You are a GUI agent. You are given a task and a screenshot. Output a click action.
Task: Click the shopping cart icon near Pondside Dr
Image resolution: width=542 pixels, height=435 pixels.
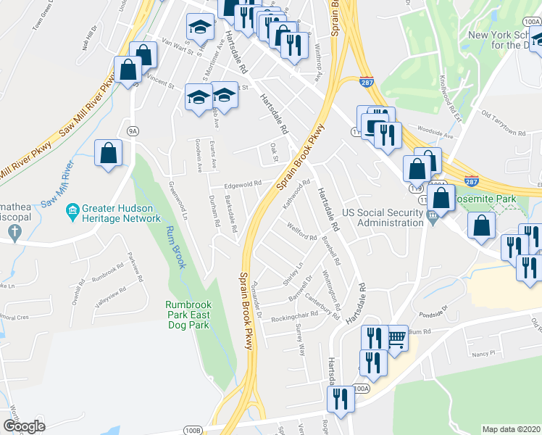[x=395, y=338]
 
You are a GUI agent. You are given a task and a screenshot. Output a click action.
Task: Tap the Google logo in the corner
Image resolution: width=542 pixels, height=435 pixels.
[x=24, y=426]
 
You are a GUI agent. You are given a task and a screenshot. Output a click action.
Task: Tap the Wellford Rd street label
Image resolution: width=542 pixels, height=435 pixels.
[x=302, y=236]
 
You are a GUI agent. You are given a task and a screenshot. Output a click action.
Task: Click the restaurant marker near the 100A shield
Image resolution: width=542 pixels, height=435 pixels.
[x=338, y=399]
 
